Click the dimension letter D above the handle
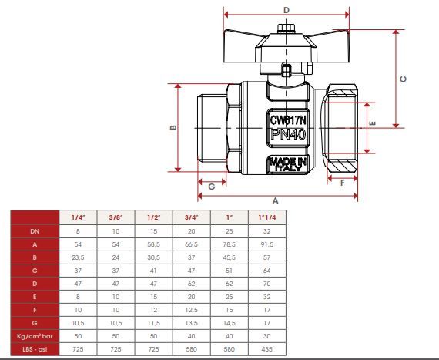[x=287, y=10]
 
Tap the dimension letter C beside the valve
[x=403, y=79]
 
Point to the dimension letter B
[x=173, y=127]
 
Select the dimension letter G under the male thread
[x=212, y=187]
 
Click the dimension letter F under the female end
[x=342, y=183]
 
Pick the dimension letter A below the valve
[x=275, y=200]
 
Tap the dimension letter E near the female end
[x=372, y=123]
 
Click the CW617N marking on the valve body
[x=288, y=120]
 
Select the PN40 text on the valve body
[x=288, y=135]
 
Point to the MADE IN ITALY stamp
[x=288, y=164]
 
